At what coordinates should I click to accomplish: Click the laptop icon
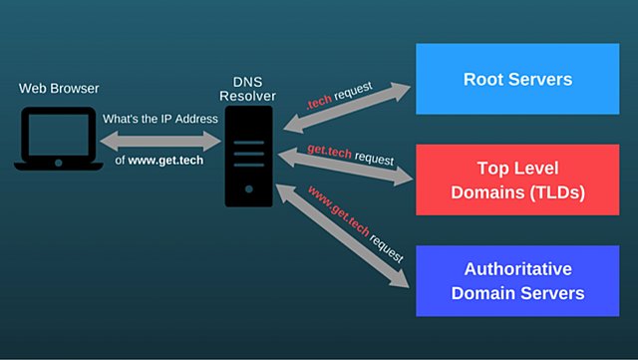[x=58, y=141]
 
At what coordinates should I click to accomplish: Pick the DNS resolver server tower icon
[x=248, y=158]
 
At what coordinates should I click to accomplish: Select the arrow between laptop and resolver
[x=159, y=140]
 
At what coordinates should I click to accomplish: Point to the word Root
[x=485, y=78]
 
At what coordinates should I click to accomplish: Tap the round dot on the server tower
[x=248, y=187]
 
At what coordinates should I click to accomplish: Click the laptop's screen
[x=58, y=136]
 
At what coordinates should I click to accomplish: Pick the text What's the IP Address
[x=159, y=118]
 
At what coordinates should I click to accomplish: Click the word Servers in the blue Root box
[x=546, y=78]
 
